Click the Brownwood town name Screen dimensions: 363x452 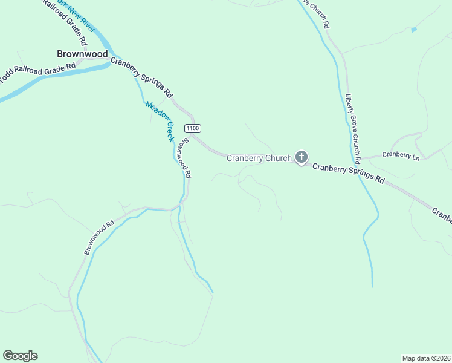coord(82,54)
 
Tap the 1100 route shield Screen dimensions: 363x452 coord(193,128)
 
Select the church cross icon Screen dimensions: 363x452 coord(301,158)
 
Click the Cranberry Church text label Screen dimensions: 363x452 coord(259,159)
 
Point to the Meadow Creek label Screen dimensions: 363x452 coord(160,121)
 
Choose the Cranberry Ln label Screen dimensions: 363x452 coord(401,155)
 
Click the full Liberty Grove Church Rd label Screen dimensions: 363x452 coord(353,128)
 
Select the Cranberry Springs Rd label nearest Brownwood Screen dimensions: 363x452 coord(142,79)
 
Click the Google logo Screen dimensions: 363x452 coord(20,356)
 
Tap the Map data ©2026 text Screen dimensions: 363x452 coord(426,358)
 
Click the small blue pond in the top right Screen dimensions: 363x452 coord(413,30)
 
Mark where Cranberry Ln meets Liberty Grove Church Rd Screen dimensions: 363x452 coord(363,157)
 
